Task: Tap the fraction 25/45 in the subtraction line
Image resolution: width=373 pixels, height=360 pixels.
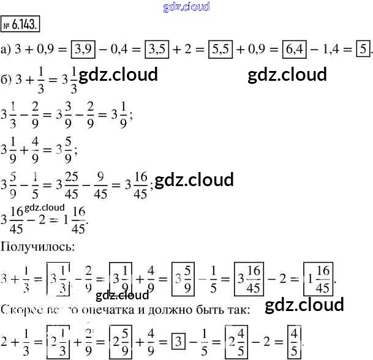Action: coord(81,181)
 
